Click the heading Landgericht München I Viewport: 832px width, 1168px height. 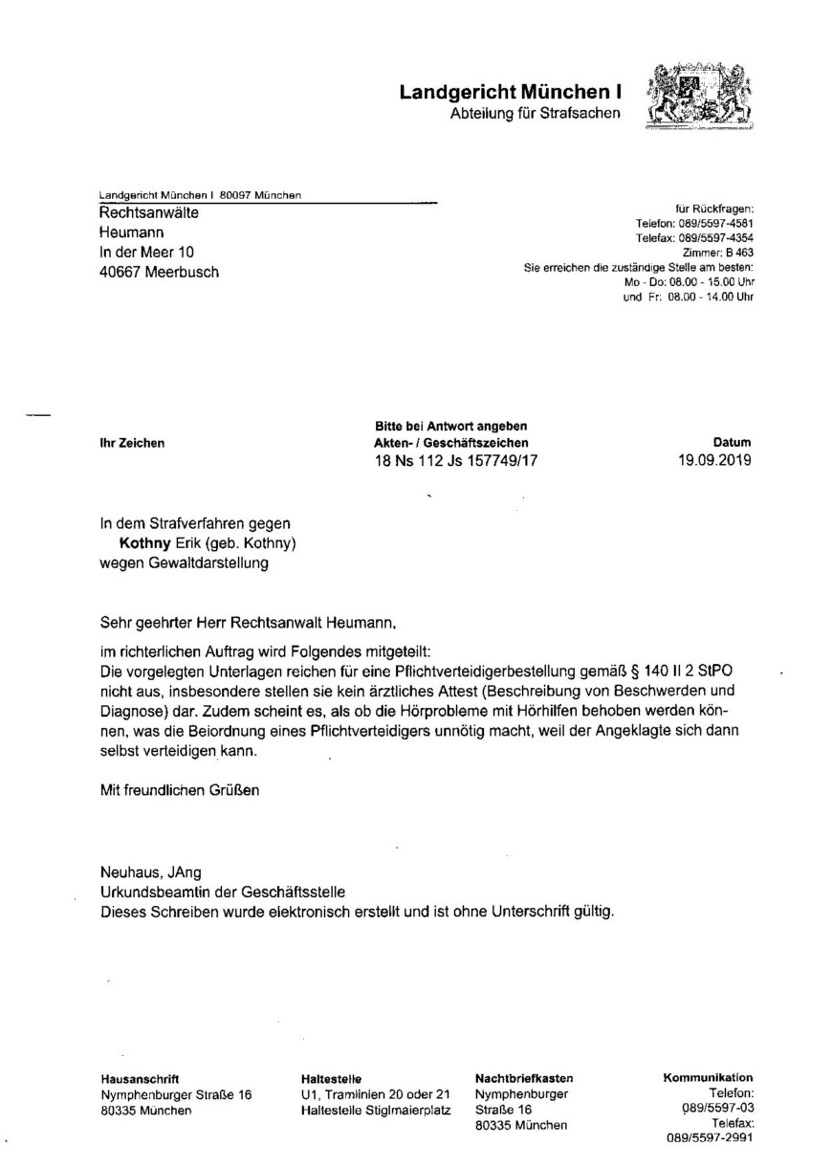(510, 93)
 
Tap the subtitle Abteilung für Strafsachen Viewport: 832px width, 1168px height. (535, 115)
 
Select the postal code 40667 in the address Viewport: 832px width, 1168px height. (121, 272)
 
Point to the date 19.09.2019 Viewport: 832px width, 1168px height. (713, 460)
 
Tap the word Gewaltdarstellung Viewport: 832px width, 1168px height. (207, 562)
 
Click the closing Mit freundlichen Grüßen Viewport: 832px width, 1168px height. (179, 790)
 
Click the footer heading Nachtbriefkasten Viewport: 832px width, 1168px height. (524, 1078)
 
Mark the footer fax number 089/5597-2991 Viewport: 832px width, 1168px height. (711, 1139)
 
